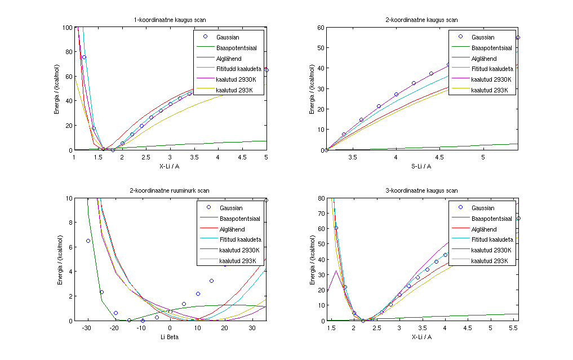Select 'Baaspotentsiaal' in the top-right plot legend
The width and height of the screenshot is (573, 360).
click(x=491, y=48)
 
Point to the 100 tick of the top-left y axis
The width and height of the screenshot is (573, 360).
click(x=67, y=28)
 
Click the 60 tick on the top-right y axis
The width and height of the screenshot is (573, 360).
click(x=321, y=28)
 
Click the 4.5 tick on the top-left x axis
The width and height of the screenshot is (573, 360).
click(x=242, y=158)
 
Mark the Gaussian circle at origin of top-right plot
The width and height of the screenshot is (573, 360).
click(x=326, y=150)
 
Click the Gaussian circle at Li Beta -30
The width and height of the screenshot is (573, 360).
click(x=88, y=241)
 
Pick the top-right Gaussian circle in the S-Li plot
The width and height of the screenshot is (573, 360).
click(x=518, y=38)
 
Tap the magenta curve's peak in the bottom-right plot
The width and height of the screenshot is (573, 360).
click(x=336, y=270)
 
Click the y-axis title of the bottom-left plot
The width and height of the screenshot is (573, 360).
click(x=59, y=260)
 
